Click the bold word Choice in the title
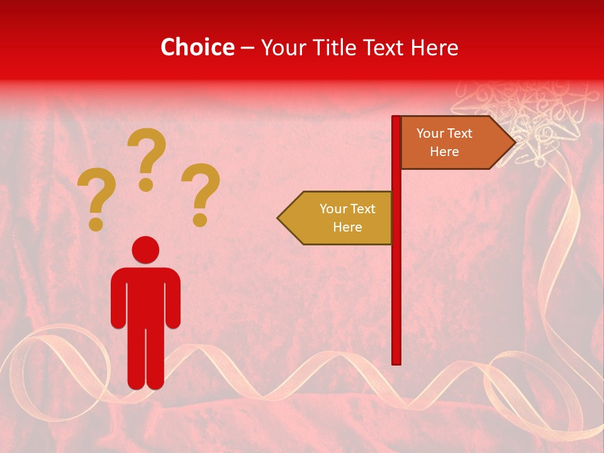tap(197, 47)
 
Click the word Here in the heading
tap(434, 47)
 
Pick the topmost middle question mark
tap(147, 154)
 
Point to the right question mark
tap(201, 189)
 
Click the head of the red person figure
tap(146, 250)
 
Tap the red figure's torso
tap(146, 296)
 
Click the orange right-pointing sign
tap(450, 143)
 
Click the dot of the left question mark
tap(96, 224)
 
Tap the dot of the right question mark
tap(200, 220)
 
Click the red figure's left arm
tap(118, 299)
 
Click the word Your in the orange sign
tap(430, 133)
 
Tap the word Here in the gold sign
tap(347, 227)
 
